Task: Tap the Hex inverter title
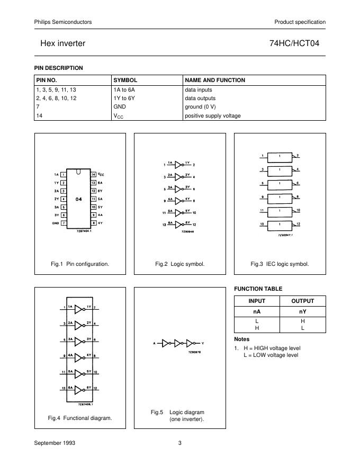(63, 43)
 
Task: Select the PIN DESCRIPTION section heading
(59, 68)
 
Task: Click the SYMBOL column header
(125, 80)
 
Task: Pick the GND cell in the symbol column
(120, 106)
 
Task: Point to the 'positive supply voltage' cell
(212, 115)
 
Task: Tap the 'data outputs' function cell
(200, 98)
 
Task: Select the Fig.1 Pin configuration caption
(80, 264)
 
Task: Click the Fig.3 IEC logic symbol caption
(280, 264)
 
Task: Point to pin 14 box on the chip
(93, 174)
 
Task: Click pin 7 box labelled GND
(64, 223)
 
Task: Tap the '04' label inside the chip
(78, 199)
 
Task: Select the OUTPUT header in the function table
(303, 301)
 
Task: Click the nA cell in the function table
(257, 312)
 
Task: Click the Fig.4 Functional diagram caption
(80, 418)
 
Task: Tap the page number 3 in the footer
(179, 443)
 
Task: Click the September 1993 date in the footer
(55, 443)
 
